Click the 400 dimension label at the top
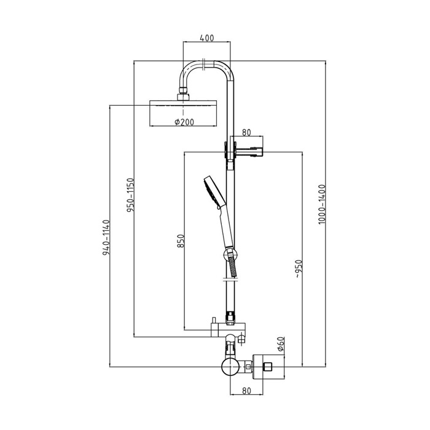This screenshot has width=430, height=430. coord(207,38)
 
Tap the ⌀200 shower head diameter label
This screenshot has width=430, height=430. coord(184,122)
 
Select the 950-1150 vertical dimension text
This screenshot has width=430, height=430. coord(130,195)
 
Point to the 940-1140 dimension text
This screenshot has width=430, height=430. coord(106,237)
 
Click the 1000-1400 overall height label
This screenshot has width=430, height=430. coord(322,205)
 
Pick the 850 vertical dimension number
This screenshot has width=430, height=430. coord(181,241)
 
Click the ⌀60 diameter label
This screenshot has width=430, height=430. coord(281,344)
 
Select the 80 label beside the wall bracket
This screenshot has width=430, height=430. coord(246,133)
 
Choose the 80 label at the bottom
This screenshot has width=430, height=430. coord(246,391)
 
